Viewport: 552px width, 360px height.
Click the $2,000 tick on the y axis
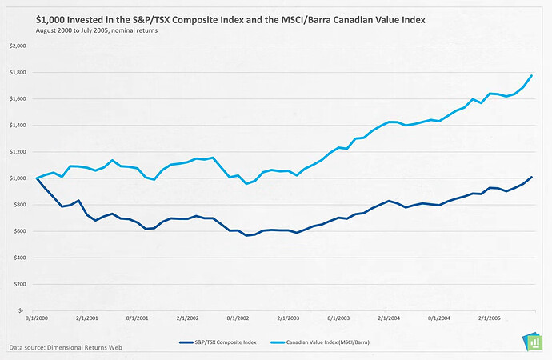17,46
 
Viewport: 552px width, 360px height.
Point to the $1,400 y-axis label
17,126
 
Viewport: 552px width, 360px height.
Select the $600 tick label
19,231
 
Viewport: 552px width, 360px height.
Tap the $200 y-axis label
19,284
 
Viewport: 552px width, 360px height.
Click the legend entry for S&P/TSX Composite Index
224,342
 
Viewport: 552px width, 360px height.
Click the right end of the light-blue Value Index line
531,75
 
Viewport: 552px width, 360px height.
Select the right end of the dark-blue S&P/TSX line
531,177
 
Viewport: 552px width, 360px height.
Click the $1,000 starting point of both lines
37,178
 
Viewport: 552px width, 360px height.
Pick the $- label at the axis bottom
22,310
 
